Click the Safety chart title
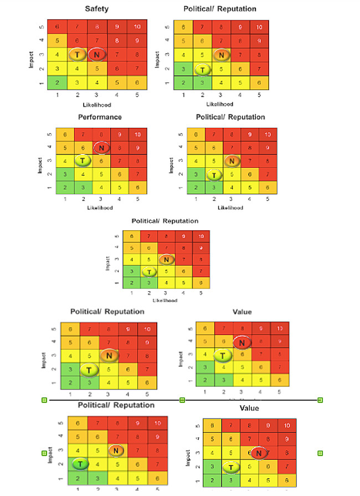96,9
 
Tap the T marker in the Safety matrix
77,54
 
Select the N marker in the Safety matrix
96,54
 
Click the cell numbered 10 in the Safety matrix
136,26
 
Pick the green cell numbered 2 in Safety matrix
57,82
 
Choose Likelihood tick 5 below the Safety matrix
136,95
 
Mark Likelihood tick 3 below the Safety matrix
96,95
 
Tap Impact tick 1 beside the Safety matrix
43,82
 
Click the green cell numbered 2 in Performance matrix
65,187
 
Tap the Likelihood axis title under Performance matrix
100,208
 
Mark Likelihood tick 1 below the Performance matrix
65,199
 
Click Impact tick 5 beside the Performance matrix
50,135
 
